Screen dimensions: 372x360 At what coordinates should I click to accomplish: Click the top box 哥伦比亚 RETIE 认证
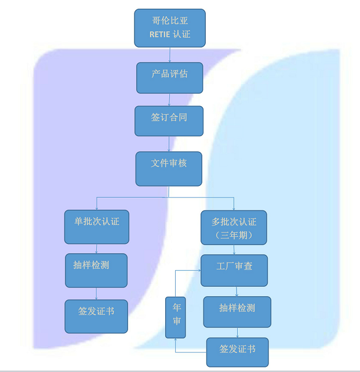coord(169,28)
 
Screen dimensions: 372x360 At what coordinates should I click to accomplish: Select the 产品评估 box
coord(169,77)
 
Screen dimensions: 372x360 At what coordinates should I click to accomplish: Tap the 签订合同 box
coord(169,121)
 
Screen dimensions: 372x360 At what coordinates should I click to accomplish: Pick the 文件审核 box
coord(169,169)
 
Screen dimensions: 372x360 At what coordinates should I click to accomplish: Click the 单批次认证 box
coord(96,227)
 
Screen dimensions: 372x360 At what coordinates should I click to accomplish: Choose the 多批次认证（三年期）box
coord(234,227)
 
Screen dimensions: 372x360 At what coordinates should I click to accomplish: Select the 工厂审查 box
coord(234,270)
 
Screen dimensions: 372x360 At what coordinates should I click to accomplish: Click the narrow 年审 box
coord(175,317)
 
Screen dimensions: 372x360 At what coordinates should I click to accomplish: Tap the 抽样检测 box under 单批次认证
coord(96,270)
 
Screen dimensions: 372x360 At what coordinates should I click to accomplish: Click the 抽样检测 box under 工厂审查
coord(237,312)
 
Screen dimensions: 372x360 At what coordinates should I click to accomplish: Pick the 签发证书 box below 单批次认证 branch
coord(96,316)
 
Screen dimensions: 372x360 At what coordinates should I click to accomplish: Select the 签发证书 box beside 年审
coord(237,352)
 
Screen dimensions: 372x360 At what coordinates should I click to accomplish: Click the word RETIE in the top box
coord(160,34)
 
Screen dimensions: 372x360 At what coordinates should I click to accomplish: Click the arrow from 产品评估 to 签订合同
coord(169,100)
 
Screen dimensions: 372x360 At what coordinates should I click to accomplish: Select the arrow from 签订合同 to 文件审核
coord(169,144)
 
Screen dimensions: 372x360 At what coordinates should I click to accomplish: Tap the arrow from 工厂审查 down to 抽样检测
coord(237,291)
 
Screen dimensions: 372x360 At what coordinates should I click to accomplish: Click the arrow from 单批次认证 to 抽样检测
coord(96,249)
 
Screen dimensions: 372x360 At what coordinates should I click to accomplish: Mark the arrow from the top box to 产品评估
coord(169,54)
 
